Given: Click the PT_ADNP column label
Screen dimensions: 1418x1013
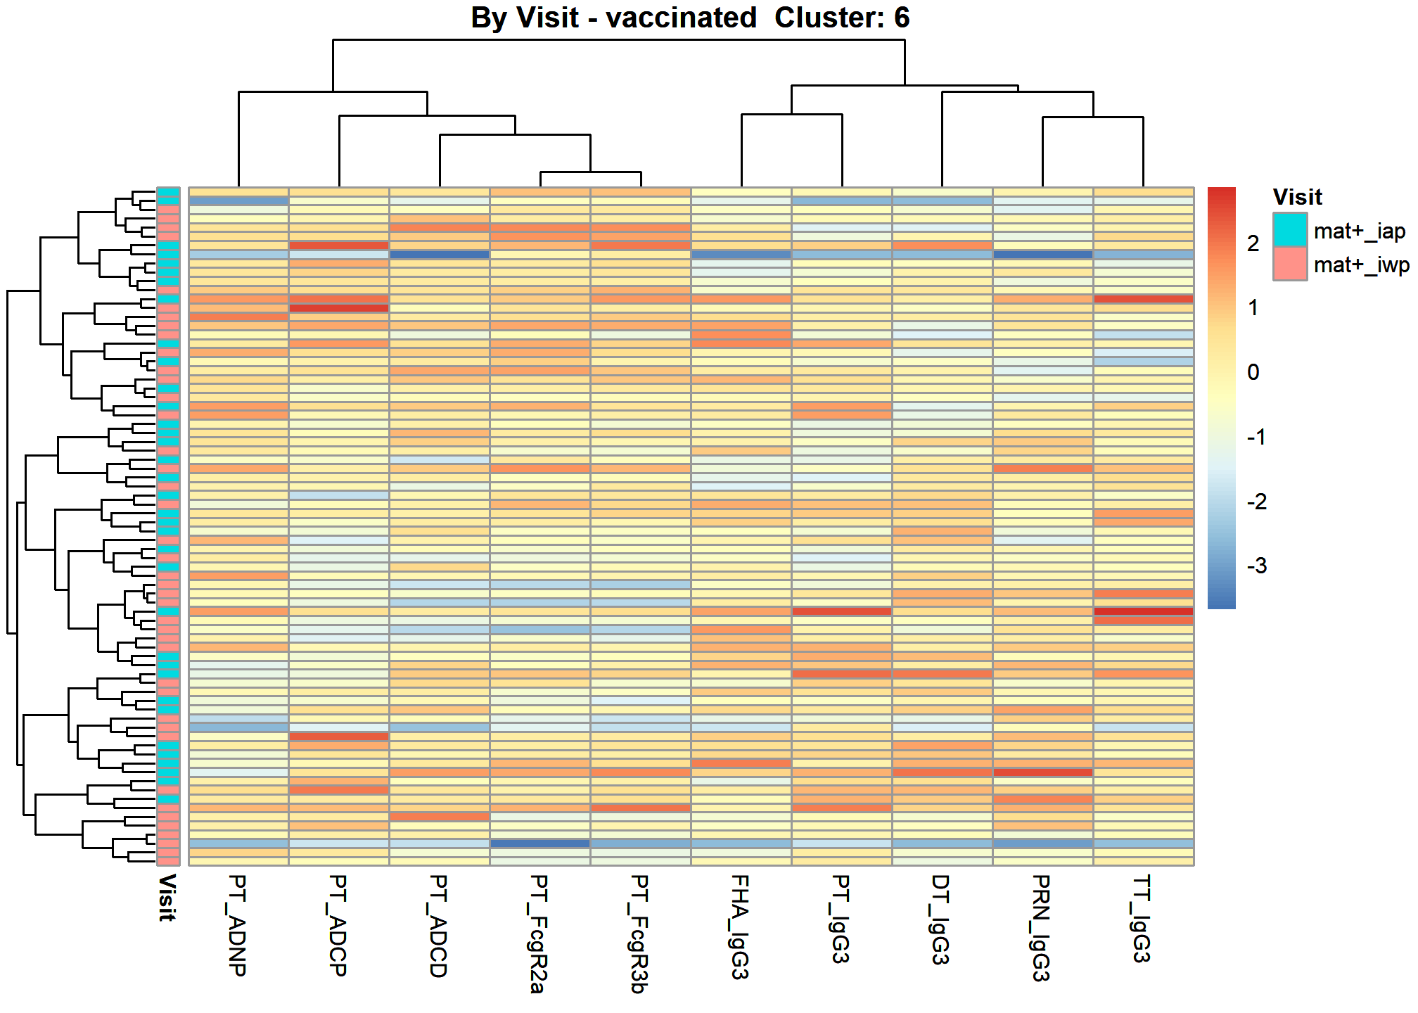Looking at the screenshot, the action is pos(238,925).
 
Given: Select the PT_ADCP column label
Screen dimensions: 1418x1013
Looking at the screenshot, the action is pos(338,925).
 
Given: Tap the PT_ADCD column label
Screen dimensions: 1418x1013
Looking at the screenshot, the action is pos(439,926).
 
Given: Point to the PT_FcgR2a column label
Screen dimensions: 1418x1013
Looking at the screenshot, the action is pos(539,934).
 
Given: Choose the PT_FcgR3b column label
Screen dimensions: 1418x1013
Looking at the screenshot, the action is pos(639,934).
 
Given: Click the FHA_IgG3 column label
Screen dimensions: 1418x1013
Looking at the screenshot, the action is pos(740,927).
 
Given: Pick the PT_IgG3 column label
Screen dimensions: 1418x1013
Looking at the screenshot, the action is pos(841,919).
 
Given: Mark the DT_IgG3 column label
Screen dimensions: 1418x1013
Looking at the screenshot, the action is pos(941,919).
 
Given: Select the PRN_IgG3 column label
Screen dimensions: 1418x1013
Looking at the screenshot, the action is pos(1042,928).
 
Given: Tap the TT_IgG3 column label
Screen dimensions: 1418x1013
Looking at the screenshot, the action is pos(1142,919).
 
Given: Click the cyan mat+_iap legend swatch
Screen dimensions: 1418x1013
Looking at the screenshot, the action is pos(1290,230).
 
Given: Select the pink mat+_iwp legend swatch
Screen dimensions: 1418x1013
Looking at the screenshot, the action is pos(1290,264).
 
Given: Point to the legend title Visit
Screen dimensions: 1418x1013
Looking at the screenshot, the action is pos(1297,197).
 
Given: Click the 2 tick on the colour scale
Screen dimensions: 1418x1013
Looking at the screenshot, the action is pos(1253,243).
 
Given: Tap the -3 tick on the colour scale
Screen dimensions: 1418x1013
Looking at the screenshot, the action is pos(1257,566).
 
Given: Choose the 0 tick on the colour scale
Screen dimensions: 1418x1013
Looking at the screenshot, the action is pos(1253,372).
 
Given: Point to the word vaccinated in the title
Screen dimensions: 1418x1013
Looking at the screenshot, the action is pos(681,18).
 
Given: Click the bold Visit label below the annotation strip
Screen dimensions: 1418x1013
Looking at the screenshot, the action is pos(167,898).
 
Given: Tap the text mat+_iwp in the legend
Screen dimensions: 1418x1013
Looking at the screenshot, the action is pos(1362,265).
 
